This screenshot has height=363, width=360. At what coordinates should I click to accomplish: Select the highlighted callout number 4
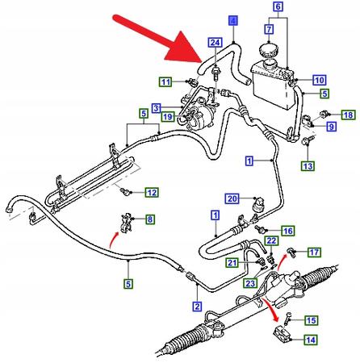coord(233,20)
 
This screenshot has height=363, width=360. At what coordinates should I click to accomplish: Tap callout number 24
coord(215,43)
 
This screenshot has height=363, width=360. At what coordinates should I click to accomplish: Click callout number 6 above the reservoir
coord(278,6)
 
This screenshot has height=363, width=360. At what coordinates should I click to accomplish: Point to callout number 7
coord(269,29)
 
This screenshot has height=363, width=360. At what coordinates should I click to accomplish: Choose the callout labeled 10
coord(320,80)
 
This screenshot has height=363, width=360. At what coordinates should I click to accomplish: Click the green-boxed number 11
coord(165,81)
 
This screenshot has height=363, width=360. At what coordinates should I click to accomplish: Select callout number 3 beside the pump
coord(157,108)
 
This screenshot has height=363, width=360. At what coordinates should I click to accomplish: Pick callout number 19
coord(168,117)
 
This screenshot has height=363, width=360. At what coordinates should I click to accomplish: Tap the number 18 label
coord(349,115)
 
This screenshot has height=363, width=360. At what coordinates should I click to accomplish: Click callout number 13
coord(308,166)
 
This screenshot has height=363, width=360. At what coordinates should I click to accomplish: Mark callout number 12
coord(152,193)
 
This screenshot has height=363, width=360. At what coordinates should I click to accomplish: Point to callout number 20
coord(232,198)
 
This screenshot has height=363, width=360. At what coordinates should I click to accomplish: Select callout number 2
coord(197,307)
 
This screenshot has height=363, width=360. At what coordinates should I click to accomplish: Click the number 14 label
coord(311,340)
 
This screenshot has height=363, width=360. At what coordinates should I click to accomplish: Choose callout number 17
coord(314,252)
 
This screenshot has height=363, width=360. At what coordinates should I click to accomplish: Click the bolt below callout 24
coord(216,73)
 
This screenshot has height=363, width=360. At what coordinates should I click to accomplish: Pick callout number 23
coord(250,283)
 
